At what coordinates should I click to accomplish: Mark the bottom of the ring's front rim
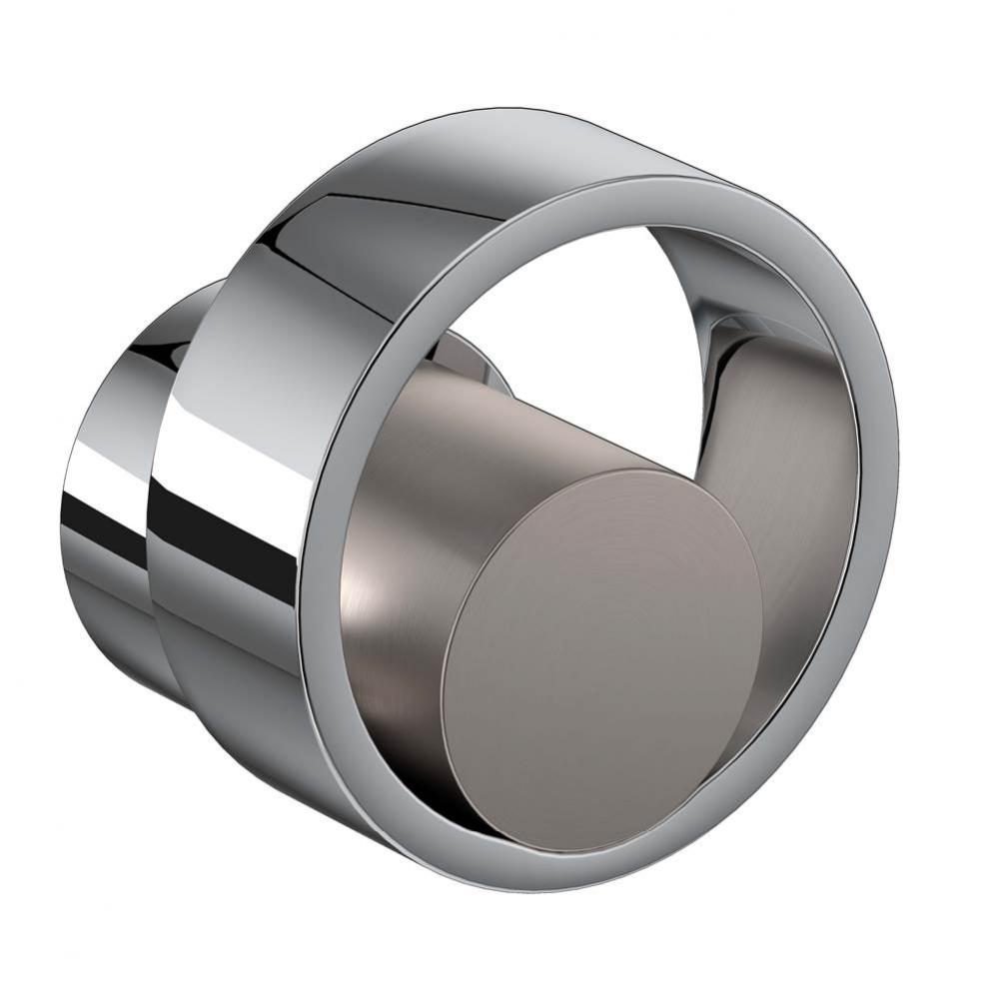tap(559, 879)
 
